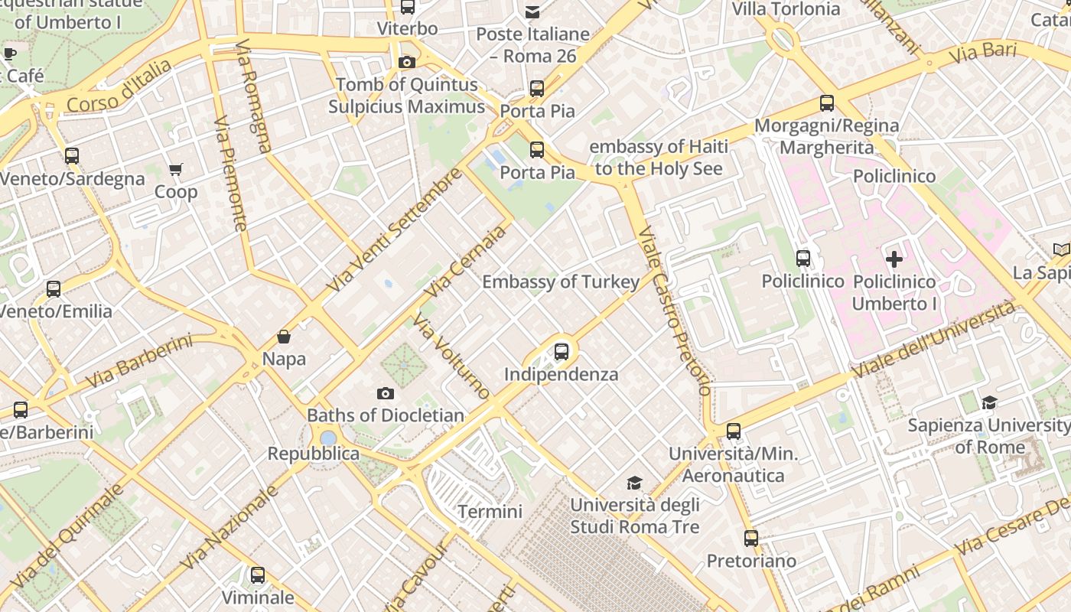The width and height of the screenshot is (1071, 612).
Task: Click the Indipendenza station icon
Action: [562, 352]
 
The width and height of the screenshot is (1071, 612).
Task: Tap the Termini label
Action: [490, 511]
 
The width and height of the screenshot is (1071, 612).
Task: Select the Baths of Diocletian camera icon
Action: [386, 394]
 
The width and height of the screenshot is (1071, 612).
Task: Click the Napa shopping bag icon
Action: [284, 337]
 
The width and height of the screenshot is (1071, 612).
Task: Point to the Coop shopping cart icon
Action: [176, 169]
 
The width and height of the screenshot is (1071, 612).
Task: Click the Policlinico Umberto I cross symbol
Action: [894, 259]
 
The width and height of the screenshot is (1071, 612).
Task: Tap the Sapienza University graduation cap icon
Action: [989, 402]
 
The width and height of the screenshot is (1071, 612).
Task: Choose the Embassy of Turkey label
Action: [561, 282]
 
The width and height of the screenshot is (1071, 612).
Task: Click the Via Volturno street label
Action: [451, 356]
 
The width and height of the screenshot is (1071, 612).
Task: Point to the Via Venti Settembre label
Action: [394, 229]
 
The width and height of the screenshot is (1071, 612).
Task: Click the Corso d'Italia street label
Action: [119, 86]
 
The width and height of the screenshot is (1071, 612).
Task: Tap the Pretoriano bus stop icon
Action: [751, 539]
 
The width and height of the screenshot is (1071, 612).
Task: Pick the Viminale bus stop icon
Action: [258, 575]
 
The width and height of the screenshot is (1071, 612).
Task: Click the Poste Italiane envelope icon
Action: [532, 11]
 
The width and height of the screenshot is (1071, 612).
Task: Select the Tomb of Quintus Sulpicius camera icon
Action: [407, 62]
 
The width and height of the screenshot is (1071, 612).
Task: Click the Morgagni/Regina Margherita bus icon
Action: [826, 103]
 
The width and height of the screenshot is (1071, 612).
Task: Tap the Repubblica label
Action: [313, 454]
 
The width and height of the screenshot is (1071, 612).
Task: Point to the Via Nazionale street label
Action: [230, 528]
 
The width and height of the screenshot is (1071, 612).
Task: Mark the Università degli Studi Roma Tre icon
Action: [634, 483]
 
